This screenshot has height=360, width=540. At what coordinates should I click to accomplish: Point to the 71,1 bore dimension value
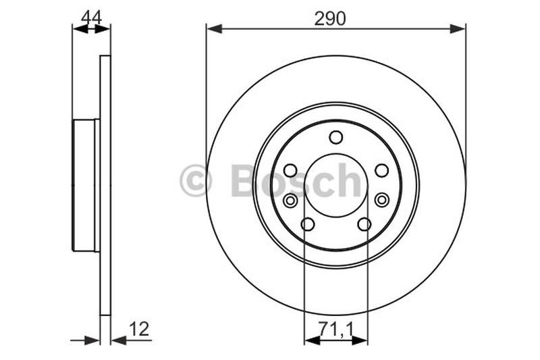[335, 330]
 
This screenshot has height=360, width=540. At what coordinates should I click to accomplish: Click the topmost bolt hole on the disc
[335, 137]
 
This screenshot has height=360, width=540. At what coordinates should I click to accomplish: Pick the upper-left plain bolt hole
[290, 170]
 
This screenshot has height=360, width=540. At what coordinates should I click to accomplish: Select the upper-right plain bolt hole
[381, 170]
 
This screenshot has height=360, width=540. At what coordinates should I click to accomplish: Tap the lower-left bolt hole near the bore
[307, 224]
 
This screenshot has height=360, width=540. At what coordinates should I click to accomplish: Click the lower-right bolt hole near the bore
[364, 224]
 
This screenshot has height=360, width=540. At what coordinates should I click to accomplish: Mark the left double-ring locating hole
[290, 200]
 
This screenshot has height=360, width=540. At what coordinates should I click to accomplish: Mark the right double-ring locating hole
[382, 199]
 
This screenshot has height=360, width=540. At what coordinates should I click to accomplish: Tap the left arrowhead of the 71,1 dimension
[311, 340]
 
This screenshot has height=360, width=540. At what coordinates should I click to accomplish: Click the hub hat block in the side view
[85, 185]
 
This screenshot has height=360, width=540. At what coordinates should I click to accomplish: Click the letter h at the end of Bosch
[349, 180]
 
